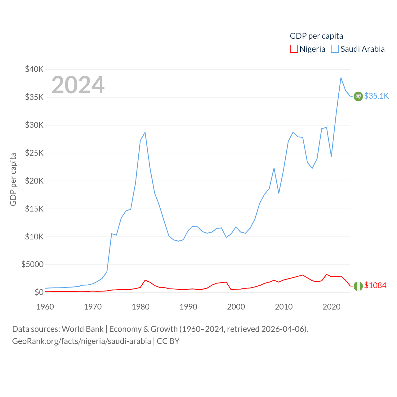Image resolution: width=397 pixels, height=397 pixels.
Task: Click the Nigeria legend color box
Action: pyautogui.click(x=294, y=49)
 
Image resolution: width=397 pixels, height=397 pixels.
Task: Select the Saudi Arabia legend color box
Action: pyautogui.click(x=335, y=49)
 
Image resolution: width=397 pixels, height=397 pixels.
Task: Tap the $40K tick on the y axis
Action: pyautogui.click(x=34, y=69)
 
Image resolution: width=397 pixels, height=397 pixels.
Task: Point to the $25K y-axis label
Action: pyautogui.click(x=34, y=153)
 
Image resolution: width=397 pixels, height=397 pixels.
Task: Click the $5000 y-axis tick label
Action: pyautogui.click(x=32, y=264)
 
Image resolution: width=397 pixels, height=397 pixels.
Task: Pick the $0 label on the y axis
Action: pyautogui.click(x=39, y=292)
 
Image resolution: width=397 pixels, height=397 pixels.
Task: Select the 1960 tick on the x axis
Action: pyautogui.click(x=45, y=307)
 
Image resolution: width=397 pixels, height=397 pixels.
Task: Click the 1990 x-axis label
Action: pyautogui.click(x=188, y=307)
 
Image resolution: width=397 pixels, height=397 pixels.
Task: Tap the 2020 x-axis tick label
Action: pyautogui.click(x=332, y=307)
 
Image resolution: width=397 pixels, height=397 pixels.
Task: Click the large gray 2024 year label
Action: pyautogui.click(x=78, y=85)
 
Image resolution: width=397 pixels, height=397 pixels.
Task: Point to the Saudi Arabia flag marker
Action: pyautogui.click(x=358, y=96)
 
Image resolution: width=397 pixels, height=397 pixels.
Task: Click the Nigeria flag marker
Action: pyautogui.click(x=358, y=286)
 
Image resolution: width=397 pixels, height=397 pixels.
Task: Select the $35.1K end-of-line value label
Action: pyautogui.click(x=376, y=96)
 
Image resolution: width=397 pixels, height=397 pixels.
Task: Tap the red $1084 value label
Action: pyautogui.click(x=375, y=285)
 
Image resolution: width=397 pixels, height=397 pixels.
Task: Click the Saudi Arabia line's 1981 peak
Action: pyautogui.click(x=145, y=132)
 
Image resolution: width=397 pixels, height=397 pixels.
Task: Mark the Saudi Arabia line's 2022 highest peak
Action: pyautogui.click(x=341, y=78)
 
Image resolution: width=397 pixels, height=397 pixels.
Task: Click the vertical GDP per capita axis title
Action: pyautogui.click(x=13, y=179)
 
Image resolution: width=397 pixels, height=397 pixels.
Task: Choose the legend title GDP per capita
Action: pyautogui.click(x=316, y=36)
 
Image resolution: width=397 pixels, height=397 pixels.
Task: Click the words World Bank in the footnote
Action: pyautogui.click(x=83, y=329)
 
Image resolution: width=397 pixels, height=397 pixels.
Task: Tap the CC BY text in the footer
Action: pyautogui.click(x=168, y=341)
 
